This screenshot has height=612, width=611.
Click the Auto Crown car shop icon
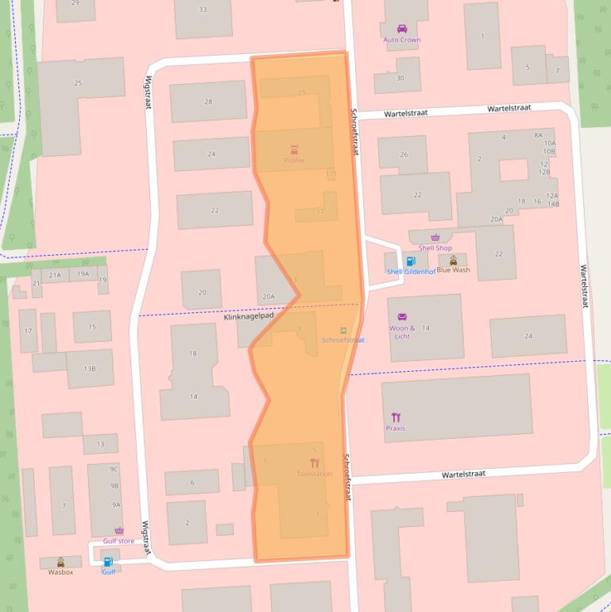pyautogui.click(x=402, y=29)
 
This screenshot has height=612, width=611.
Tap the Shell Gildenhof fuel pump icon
pyautogui.click(x=411, y=261)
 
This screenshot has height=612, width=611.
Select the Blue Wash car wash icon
pyautogui.click(x=454, y=260)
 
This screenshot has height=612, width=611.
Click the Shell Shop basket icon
pyautogui.click(x=435, y=238)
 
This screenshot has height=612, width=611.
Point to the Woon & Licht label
pyautogui.click(x=402, y=332)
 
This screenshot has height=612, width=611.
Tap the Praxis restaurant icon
pyautogui.click(x=396, y=417)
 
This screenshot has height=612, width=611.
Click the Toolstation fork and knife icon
pyautogui.click(x=315, y=463)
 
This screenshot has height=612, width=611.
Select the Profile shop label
pyautogui.click(x=294, y=161)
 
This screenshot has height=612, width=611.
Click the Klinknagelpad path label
pyautogui.click(x=248, y=316)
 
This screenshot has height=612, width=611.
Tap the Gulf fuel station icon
pyautogui.click(x=108, y=562)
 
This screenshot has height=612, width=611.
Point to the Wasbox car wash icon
pyautogui.click(x=60, y=562)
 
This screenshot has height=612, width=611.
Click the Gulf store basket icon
pyautogui.click(x=119, y=531)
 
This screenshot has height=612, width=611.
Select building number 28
pyautogui.click(x=208, y=102)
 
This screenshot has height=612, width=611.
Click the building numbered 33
pyautogui.click(x=203, y=10)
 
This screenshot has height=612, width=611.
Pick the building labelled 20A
pyautogui.click(x=268, y=296)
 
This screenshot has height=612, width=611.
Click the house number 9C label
pyautogui.click(x=114, y=469)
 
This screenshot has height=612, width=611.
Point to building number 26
pyautogui.click(x=404, y=154)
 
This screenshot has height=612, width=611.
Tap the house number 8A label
pyautogui.click(x=538, y=135)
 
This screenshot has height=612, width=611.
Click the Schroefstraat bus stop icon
pyautogui.click(x=343, y=330)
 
